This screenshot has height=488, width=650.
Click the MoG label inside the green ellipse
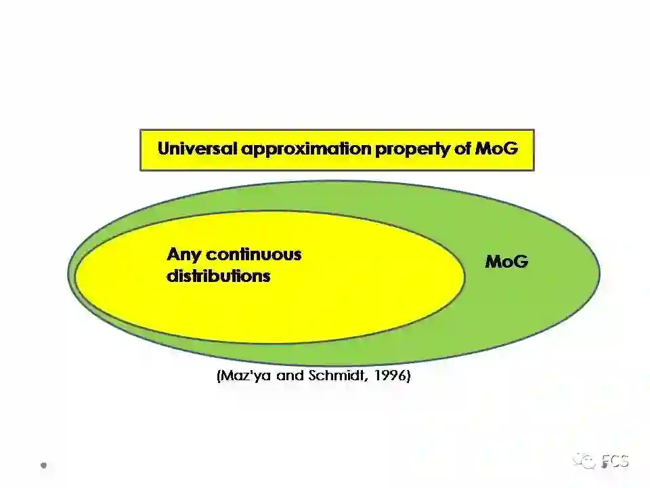pyautogui.click(x=506, y=262)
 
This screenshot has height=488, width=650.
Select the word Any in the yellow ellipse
pyautogui.click(x=183, y=255)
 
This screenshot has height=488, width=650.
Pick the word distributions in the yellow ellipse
pyautogui.click(x=218, y=277)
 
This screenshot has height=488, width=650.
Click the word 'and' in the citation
pyautogui.click(x=290, y=376)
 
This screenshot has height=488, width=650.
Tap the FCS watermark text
pyautogui.click(x=615, y=462)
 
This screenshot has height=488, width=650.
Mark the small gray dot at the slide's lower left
pyautogui.click(x=44, y=466)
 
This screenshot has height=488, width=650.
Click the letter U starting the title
pyautogui.click(x=163, y=149)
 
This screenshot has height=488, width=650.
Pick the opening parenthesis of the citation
pyautogui.click(x=218, y=376)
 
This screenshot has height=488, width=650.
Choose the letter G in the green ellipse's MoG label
pyautogui.click(x=520, y=262)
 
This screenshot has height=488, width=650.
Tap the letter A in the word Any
pyautogui.click(x=173, y=255)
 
